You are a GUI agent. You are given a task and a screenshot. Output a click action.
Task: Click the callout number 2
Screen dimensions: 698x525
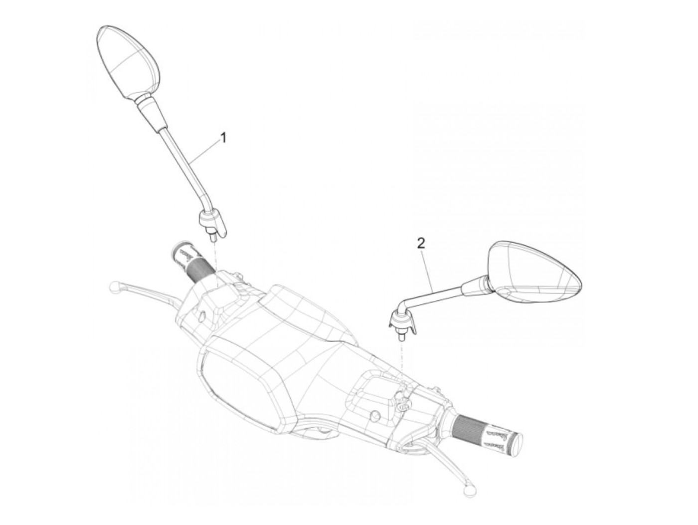pos(421,244)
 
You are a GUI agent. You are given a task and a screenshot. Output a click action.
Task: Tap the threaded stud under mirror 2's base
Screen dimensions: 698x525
pos(400,336)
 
